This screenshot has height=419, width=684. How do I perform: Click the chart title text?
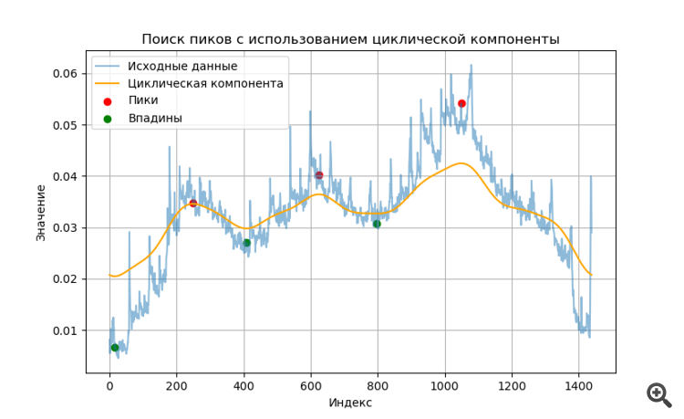350,39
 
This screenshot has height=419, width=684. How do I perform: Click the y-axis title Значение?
41,213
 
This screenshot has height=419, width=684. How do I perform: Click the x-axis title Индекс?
350,403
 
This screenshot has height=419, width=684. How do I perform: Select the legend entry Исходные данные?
182,67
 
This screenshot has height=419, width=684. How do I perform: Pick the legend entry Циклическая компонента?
205,83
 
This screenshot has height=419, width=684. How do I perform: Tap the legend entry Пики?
142,100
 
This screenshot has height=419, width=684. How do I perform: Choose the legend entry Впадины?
155,118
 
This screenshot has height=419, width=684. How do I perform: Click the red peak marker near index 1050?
461,103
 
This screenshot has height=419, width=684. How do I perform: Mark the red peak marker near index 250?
193,204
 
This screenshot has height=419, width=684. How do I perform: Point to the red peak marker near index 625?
319,175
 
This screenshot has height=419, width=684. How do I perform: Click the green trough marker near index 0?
115,347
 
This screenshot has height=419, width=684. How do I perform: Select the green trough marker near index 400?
247,243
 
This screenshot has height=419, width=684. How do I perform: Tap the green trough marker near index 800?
377,224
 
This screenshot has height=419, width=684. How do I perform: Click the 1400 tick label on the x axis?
578,385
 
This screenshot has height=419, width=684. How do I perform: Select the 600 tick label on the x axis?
311,385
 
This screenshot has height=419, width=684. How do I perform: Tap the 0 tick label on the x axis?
109,385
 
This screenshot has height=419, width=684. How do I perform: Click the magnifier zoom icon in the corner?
658,393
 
